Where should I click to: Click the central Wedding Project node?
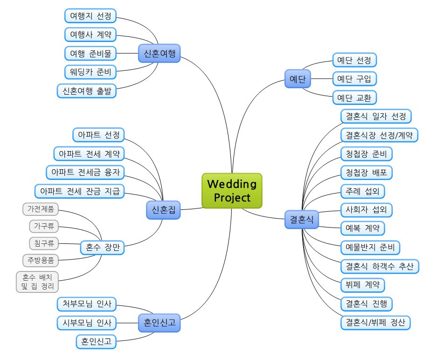(232, 190)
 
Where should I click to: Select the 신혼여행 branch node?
(159, 53)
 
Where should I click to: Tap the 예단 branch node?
(298, 79)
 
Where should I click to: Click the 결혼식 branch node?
(301, 219)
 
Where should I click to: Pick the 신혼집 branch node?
(163, 210)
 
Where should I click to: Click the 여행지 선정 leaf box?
(90, 16)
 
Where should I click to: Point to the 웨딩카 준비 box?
(90, 72)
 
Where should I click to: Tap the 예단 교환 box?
(354, 97)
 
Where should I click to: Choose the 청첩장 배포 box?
(366, 173)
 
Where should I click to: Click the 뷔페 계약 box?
(363, 284)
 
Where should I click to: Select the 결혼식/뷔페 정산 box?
(375, 322)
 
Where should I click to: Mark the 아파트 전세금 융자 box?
(86, 172)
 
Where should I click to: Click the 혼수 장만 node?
(102, 248)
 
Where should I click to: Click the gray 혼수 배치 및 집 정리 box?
(37, 282)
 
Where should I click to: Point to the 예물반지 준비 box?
(370, 247)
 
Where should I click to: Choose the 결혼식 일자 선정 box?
(376, 116)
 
